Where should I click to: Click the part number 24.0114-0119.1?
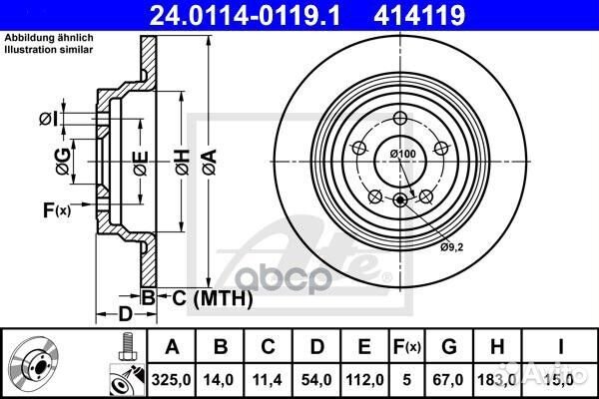(255, 16)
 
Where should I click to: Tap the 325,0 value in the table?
(172, 377)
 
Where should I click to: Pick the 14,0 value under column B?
(220, 377)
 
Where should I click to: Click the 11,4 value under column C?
(268, 377)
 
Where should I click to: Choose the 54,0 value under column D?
(315, 377)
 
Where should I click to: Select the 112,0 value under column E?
(363, 377)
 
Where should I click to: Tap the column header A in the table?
(172, 346)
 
